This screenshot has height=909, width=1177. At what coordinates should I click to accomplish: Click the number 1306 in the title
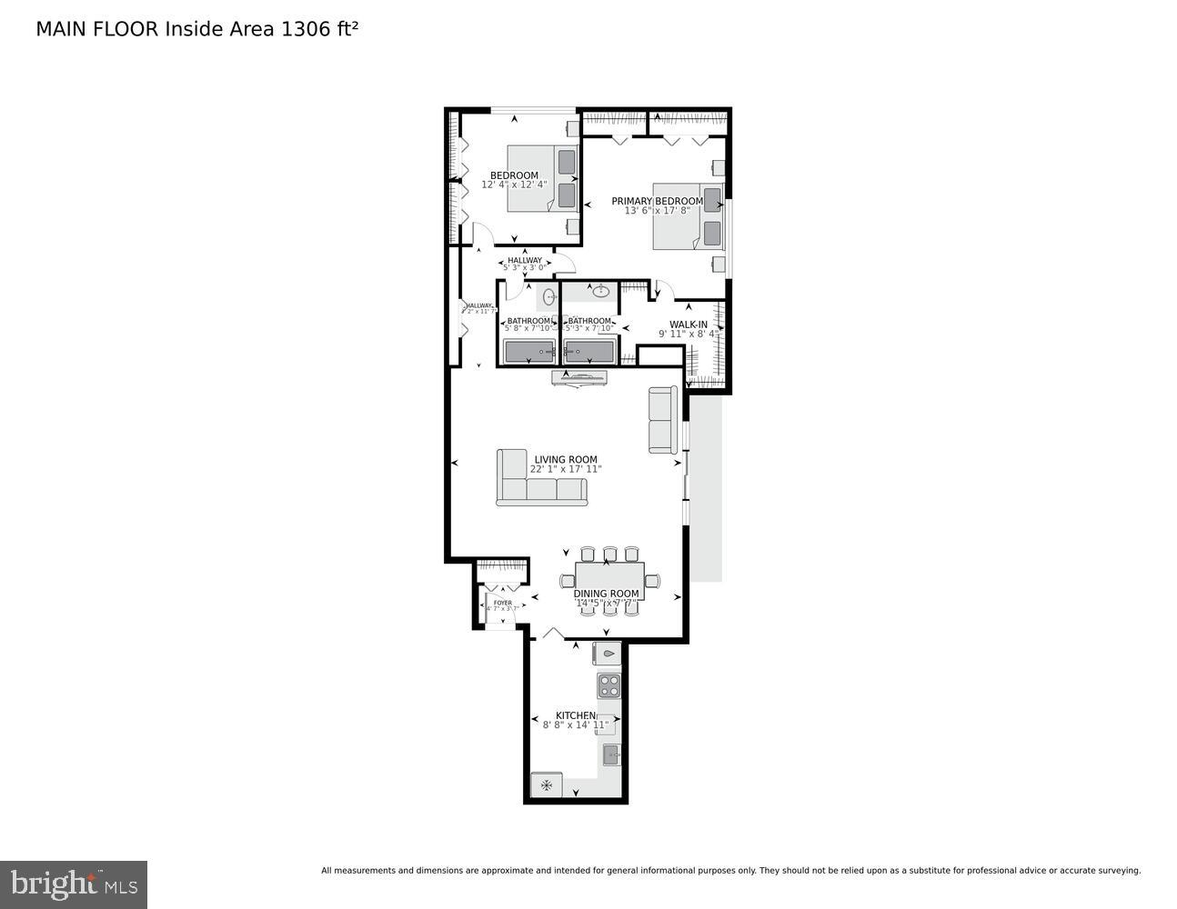(307, 28)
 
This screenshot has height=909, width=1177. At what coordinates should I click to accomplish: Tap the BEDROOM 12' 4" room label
(514, 175)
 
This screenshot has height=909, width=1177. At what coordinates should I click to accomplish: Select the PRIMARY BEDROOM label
(657, 201)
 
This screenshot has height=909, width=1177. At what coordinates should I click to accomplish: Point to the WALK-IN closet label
(689, 325)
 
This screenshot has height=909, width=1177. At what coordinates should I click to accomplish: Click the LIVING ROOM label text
(566, 460)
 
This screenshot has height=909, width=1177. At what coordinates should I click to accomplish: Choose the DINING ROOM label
(606, 594)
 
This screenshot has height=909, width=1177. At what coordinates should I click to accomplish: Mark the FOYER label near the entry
(502, 603)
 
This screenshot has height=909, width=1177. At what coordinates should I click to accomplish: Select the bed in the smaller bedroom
(542, 178)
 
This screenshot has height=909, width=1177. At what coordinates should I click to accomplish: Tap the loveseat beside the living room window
(663, 420)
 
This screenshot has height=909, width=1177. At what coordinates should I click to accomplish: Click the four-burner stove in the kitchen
(609, 684)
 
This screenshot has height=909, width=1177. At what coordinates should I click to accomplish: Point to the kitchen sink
(611, 754)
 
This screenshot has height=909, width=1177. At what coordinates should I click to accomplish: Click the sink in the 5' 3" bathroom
(600, 292)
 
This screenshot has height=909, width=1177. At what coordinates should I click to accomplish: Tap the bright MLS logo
(74, 884)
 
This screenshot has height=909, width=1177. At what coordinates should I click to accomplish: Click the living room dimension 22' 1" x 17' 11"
(566, 470)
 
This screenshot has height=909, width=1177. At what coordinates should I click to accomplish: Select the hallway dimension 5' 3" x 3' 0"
(525, 267)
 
